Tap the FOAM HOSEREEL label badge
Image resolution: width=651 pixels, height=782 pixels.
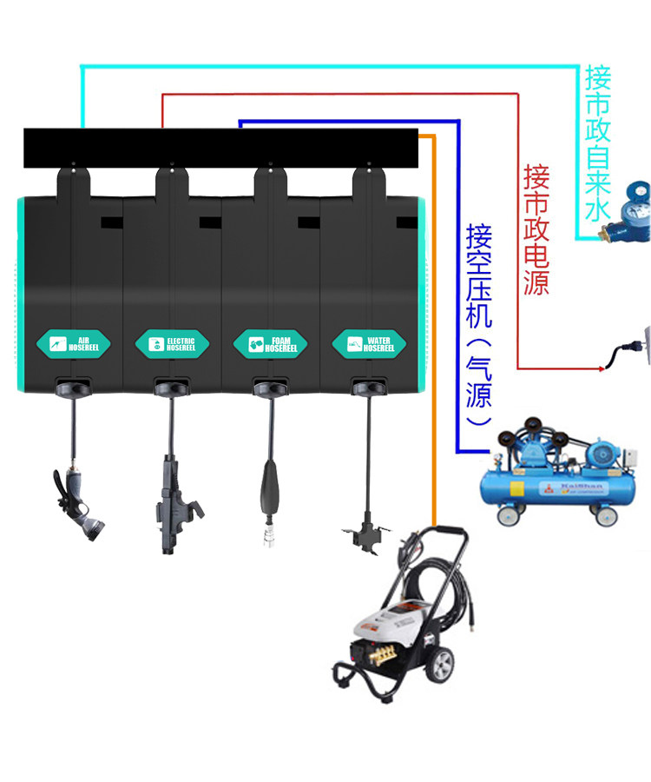271,342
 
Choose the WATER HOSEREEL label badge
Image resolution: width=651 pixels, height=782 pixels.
369,342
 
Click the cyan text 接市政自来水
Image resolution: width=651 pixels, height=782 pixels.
598,143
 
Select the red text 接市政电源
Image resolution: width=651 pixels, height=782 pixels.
536,230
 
